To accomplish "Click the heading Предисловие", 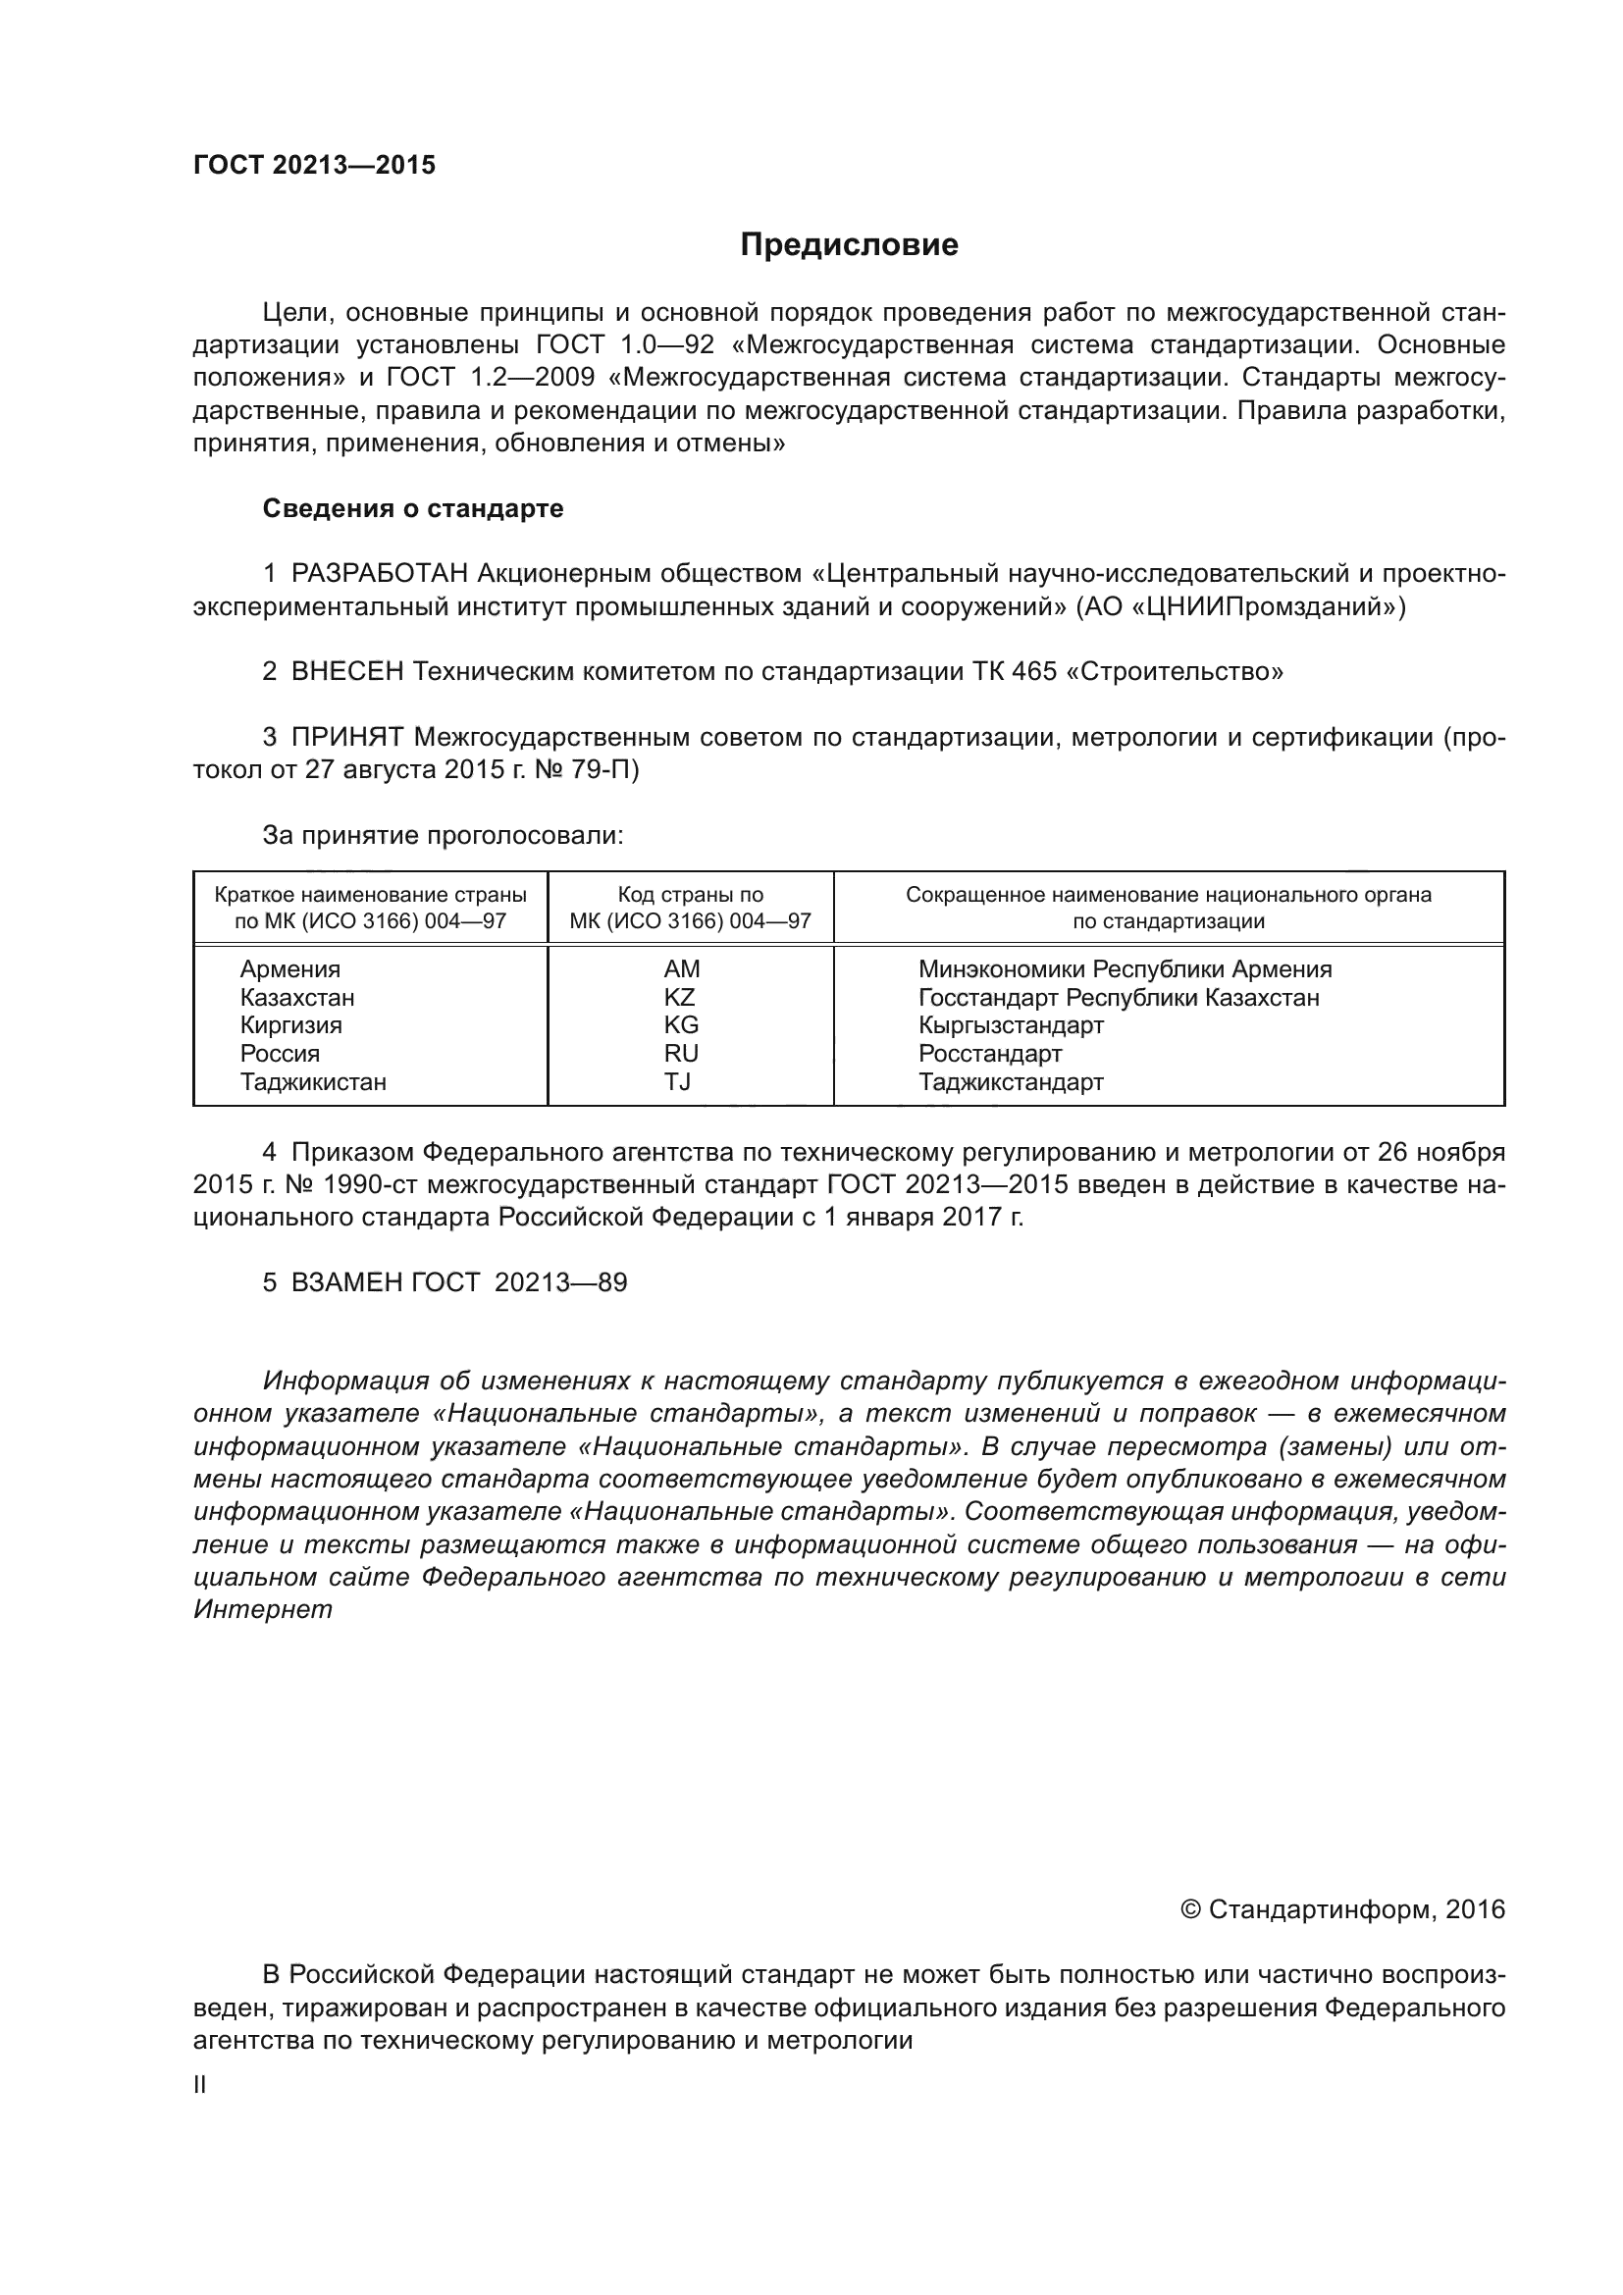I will (x=849, y=245).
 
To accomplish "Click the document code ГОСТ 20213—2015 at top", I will (x=314, y=165).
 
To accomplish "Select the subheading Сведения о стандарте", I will (x=413, y=509).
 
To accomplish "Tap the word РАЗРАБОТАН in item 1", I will (x=380, y=574).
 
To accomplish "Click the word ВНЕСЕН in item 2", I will (x=346, y=672).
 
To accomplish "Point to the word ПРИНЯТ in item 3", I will (x=346, y=738).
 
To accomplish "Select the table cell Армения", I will (x=289, y=968).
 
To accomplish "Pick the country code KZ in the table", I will (x=680, y=997).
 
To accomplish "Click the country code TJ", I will (x=678, y=1081).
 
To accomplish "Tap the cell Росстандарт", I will (x=989, y=1054).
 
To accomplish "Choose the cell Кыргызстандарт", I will (x=1011, y=1025).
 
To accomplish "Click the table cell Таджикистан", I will (x=313, y=1081).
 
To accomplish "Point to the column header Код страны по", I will (x=690, y=895).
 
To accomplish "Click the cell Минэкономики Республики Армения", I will (x=1125, y=968).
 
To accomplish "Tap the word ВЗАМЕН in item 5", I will (x=346, y=1282).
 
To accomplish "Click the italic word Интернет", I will (x=262, y=1610).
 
